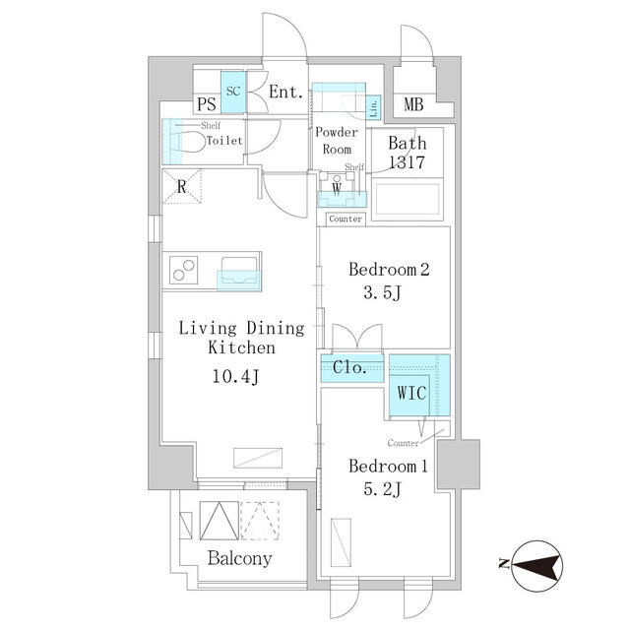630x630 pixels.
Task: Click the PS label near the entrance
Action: tap(207, 104)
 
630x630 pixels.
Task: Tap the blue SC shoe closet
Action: tap(233, 92)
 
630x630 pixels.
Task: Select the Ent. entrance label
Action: tap(285, 92)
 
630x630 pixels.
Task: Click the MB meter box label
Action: tap(413, 104)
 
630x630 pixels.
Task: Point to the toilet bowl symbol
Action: tap(189, 142)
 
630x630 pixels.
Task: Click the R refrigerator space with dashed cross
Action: tap(181, 186)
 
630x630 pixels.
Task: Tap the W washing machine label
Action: tap(337, 188)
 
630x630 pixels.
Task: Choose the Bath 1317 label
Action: tap(407, 153)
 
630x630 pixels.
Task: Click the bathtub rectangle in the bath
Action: tap(407, 199)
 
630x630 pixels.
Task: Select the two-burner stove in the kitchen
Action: tap(184, 270)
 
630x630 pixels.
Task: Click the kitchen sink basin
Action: tap(239, 271)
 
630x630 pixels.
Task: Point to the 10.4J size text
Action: tap(236, 376)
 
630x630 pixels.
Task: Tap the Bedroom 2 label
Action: tap(389, 269)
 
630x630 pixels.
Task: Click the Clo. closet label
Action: tap(349, 367)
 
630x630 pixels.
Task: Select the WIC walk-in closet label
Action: tap(411, 393)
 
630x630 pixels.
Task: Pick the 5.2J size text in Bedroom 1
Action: tap(382, 489)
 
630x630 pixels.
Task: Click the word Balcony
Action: tap(239, 558)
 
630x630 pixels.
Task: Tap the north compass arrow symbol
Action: tap(536, 566)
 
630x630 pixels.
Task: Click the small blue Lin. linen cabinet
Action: tap(373, 107)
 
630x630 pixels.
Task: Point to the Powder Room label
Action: tap(337, 141)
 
